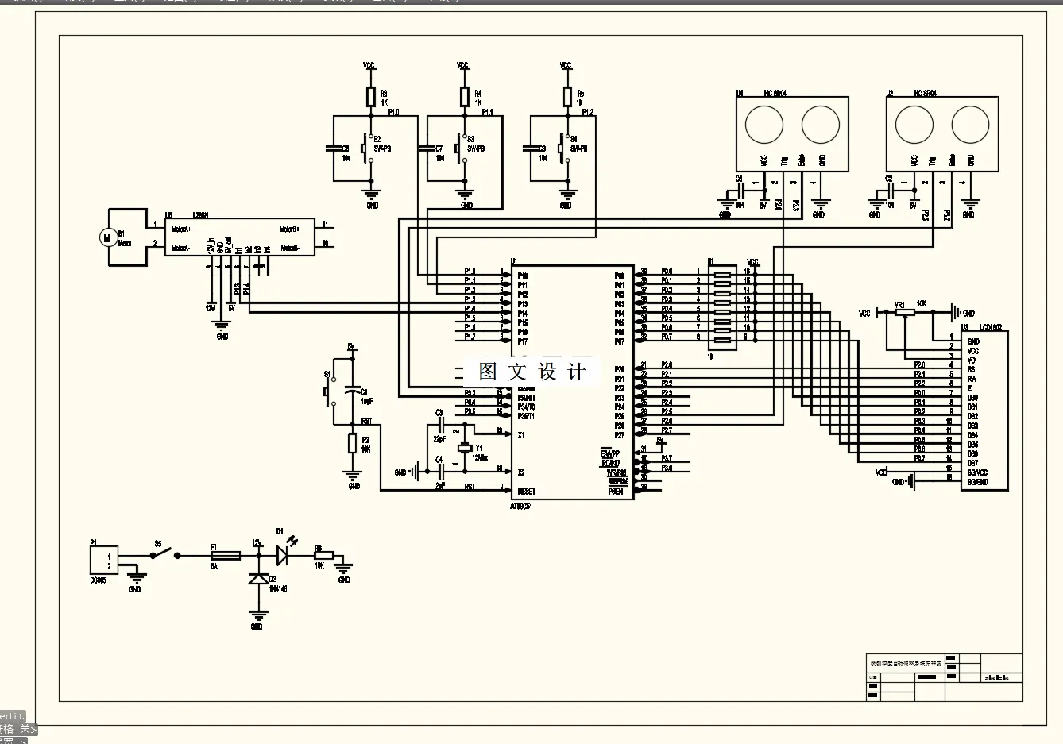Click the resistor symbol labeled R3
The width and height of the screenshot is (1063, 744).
[x=370, y=97]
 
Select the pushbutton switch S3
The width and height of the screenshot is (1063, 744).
[x=458, y=148]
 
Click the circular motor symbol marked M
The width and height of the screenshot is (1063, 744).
[x=106, y=237]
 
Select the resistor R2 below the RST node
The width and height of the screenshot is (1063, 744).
[x=353, y=443]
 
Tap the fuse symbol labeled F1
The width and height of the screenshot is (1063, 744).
[x=226, y=556]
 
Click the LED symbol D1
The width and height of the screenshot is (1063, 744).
[x=282, y=555]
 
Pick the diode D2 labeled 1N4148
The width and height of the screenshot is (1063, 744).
[x=257, y=580]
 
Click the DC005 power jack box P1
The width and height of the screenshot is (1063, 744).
[x=104, y=560]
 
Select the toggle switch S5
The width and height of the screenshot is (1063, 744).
[x=168, y=555]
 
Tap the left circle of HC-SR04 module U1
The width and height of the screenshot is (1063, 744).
[x=764, y=125]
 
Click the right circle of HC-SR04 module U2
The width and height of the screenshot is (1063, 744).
[x=970, y=125]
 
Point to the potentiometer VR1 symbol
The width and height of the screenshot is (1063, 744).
[x=902, y=313]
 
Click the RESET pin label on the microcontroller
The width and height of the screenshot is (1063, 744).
[x=527, y=492]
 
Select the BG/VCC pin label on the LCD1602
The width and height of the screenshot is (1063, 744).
[x=977, y=472]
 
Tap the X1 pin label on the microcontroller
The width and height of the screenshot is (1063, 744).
[x=521, y=435]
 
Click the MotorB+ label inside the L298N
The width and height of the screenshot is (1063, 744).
[x=289, y=229]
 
